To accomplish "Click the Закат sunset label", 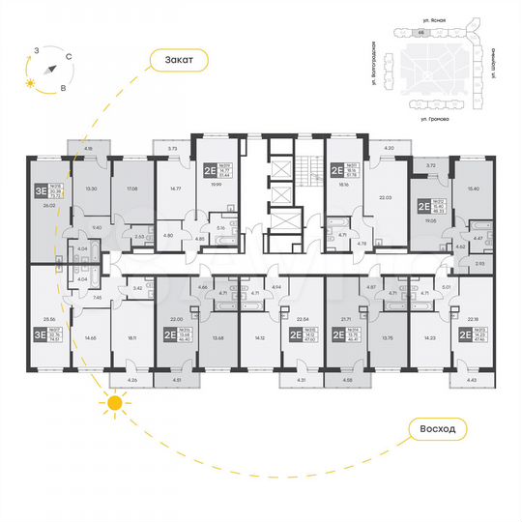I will tap(180, 60).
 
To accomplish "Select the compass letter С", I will tap(69, 57).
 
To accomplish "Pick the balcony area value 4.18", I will tap(88, 148).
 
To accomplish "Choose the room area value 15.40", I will tap(473, 188).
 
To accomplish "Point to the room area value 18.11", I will tap(131, 338).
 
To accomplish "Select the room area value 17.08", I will tap(131, 188).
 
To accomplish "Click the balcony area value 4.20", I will tap(390, 148).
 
